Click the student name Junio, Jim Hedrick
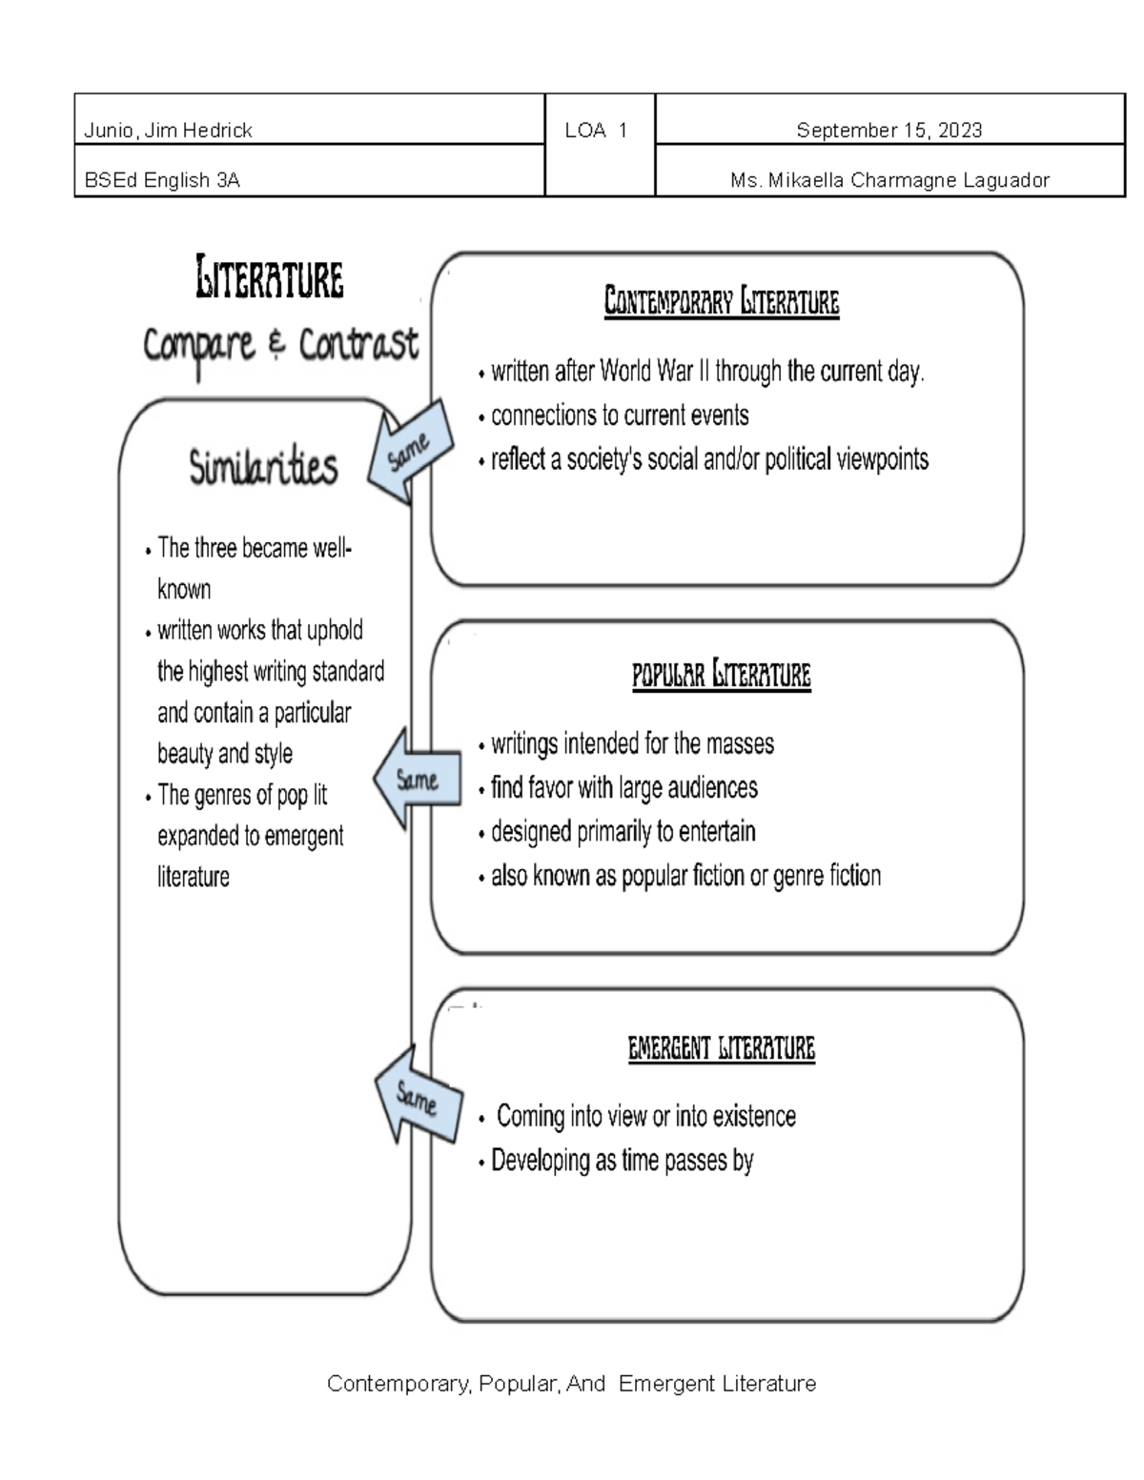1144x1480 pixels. coord(168,131)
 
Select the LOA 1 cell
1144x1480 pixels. coord(596,131)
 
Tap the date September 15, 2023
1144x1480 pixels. coord(889,131)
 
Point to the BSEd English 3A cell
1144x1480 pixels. coord(162,179)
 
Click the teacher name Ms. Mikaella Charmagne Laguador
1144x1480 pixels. coord(889,179)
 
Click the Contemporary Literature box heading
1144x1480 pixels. coord(722,302)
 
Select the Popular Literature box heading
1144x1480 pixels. coord(722,675)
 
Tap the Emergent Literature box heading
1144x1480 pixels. coord(722,1048)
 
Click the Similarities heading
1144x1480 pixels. coord(263,467)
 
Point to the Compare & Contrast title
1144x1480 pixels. coord(280,345)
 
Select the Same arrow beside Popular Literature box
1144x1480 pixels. coord(416,780)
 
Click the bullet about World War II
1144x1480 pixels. coord(706,371)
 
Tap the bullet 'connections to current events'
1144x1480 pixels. coord(620,416)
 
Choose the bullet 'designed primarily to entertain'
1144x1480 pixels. coord(623,831)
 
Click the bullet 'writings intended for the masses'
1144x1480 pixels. coord(632,743)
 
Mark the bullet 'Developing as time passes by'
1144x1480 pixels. coord(622,1161)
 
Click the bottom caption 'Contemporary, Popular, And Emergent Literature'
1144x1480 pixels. coord(571,1383)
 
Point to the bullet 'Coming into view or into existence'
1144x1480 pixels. coord(645,1116)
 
